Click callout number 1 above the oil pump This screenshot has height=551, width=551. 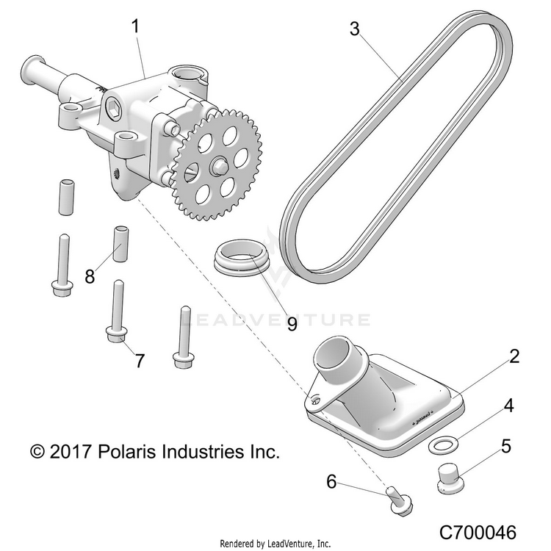136,26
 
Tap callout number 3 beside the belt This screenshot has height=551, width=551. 355,29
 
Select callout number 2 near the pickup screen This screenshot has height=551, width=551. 514,356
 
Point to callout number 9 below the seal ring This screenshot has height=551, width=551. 292,323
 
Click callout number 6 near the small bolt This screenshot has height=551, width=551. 332,481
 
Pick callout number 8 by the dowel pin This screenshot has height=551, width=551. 90,275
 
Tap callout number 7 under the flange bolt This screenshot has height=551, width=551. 140,361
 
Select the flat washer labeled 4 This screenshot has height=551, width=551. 443,446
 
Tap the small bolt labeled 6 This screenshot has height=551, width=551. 400,500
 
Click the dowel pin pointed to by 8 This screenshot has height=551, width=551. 120,244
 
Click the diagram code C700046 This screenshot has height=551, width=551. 478,533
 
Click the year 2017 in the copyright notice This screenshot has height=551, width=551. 71,452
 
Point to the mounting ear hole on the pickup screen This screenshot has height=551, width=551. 316,400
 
